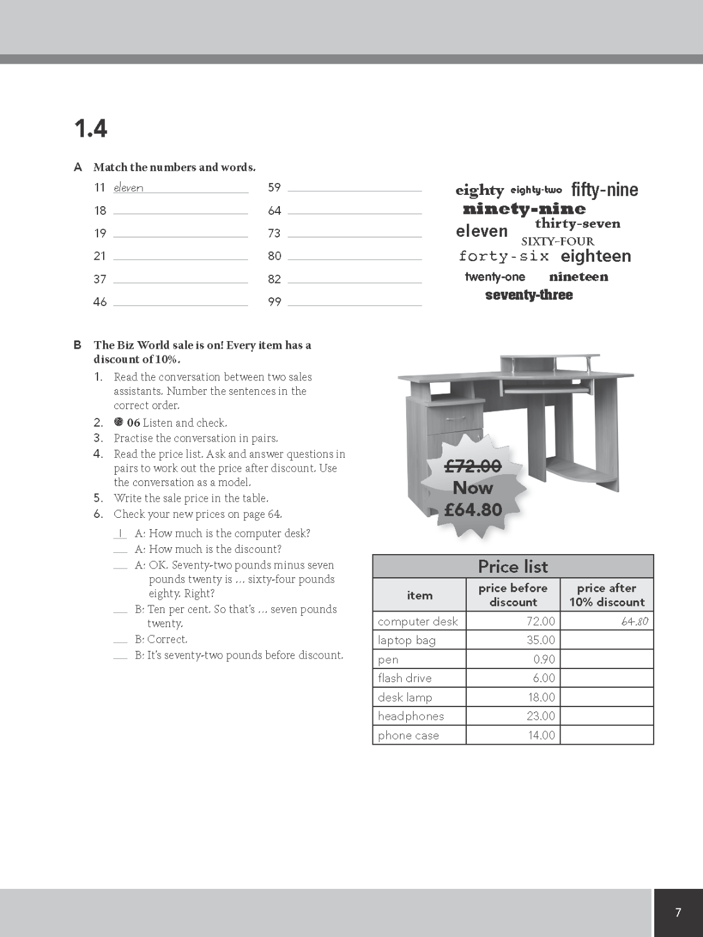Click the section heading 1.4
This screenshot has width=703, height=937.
coord(91,129)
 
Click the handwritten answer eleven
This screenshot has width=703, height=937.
coord(128,188)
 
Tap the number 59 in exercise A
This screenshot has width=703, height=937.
coord(274,187)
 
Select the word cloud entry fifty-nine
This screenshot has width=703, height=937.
coord(604,189)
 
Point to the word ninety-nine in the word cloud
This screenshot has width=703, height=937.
coord(524,209)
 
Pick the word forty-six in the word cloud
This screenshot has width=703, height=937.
coord(504,256)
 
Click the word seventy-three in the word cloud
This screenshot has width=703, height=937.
coord(529,295)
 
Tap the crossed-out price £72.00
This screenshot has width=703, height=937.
coord(473,466)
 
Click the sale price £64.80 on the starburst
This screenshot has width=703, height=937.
coord(473,510)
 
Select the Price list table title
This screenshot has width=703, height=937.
coord(512,567)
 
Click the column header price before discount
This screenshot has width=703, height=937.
coord(512,595)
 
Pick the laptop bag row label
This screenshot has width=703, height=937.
coord(407,640)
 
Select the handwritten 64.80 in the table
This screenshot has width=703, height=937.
coord(635,622)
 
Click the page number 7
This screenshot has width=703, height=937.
coord(678,913)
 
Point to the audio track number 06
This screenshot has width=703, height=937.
coord(133,423)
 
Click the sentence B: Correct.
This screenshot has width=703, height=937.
coord(161,640)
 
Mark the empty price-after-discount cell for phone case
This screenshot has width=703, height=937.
coord(606,735)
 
